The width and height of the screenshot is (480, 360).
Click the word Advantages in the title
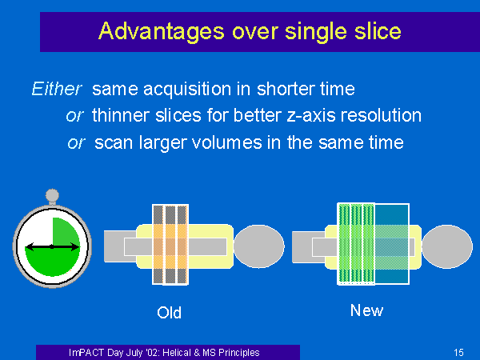coord(162,32)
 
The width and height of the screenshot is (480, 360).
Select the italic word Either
coord(57,89)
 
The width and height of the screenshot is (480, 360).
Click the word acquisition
coord(187,90)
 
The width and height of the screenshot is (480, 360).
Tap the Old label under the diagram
coord(169,313)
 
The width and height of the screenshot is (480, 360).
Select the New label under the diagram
coord(366,310)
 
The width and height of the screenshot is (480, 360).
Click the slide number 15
coord(458,353)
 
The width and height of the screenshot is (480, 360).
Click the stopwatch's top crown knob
coord(52,195)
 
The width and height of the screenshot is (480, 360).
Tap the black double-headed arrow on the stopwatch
coord(52,246)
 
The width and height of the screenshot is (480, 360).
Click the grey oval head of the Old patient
coord(259,246)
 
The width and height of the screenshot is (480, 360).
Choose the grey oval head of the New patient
coord(447,246)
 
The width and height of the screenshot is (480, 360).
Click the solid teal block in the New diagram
coord(392,244)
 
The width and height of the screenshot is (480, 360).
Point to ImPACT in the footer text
coord(86,353)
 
